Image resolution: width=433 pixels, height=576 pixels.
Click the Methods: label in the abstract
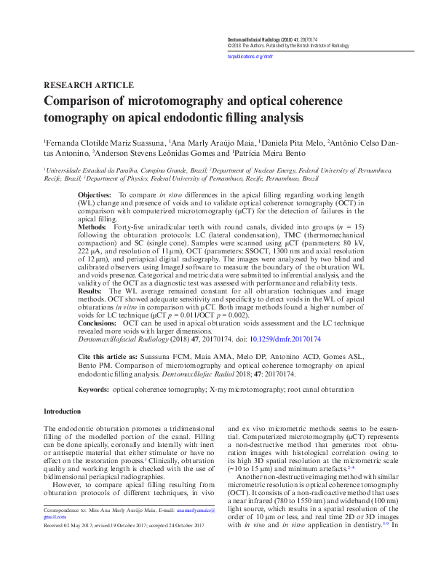[92, 227]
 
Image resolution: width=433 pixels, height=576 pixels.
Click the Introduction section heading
[63, 412]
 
